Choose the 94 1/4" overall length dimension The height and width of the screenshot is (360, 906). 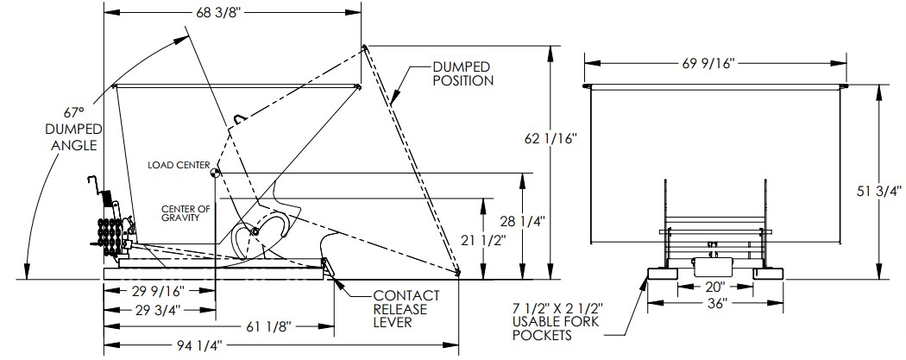(200, 345)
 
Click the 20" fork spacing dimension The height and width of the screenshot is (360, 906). (713, 286)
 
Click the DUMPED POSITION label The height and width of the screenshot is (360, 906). (462, 73)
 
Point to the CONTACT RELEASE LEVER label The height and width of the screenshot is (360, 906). (407, 309)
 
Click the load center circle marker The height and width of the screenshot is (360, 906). (215, 174)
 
